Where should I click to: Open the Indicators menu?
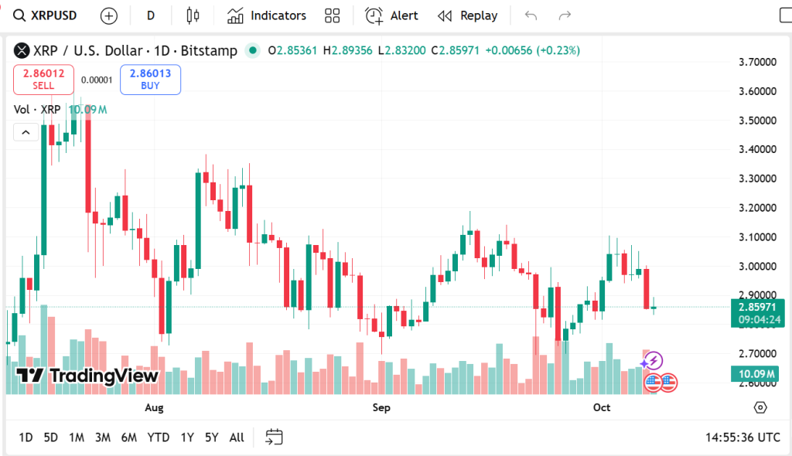[x=267, y=15]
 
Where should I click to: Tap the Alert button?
[x=392, y=15]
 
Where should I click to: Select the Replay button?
[x=467, y=15]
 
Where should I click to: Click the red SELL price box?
[x=44, y=79]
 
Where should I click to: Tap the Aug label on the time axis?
[x=155, y=407]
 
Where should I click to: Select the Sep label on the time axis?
[x=381, y=407]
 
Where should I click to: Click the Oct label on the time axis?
[x=601, y=407]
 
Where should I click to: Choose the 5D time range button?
[x=50, y=437]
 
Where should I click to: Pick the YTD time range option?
[x=159, y=437]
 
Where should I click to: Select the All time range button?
[x=237, y=437]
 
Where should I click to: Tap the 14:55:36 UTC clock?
[x=742, y=437]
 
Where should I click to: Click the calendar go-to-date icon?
[x=274, y=437]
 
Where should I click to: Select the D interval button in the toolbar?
[x=150, y=15]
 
